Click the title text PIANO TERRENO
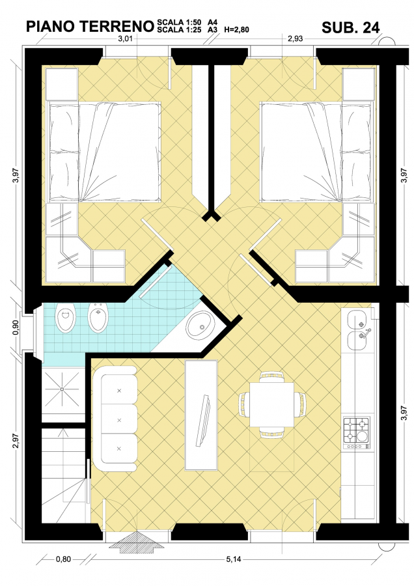(90, 27)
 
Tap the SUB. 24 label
(350, 27)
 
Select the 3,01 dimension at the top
(126, 39)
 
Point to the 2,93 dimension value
(295, 39)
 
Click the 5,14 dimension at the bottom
(234, 559)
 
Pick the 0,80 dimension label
(63, 559)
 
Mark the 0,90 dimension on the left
(16, 328)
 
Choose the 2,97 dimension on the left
(16, 440)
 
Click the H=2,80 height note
(236, 30)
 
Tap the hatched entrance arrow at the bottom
(131, 542)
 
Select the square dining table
(271, 405)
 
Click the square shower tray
(62, 389)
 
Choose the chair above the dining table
(271, 377)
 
